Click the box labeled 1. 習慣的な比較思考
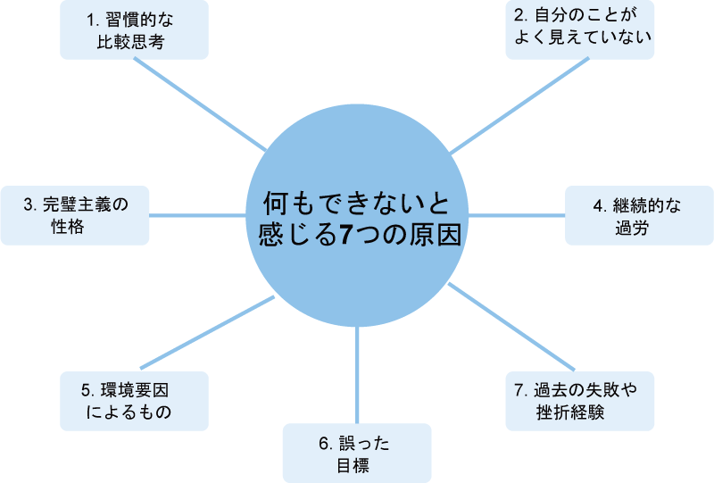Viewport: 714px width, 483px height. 134,29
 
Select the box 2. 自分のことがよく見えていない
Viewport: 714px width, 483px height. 580,29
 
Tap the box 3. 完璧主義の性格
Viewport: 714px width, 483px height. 75,215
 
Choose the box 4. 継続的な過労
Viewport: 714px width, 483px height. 639,215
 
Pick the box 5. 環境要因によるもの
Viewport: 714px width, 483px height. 134,401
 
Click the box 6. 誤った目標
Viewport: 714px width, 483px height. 356,454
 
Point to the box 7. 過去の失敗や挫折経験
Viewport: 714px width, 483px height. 580,401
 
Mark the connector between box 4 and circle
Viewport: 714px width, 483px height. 518,215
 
